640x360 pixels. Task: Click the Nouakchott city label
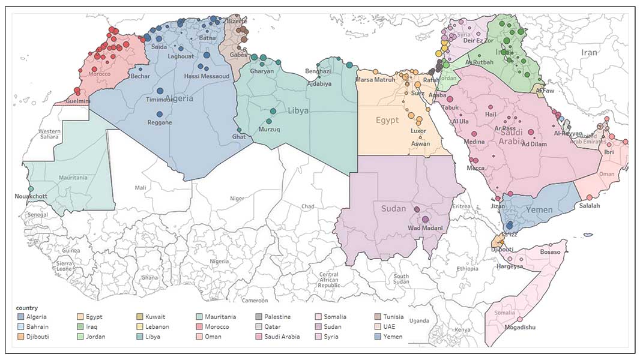pos(31,196)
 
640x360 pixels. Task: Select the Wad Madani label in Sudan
pos(425,228)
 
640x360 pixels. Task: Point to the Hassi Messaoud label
pos(207,76)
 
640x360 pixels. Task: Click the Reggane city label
pos(159,122)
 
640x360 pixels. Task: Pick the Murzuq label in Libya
pos(268,129)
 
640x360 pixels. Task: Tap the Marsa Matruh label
pos(375,79)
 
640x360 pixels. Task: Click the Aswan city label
pos(420,143)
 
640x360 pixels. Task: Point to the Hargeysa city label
pos(509,266)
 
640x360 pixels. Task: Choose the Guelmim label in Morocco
pos(75,101)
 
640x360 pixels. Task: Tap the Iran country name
pos(589,53)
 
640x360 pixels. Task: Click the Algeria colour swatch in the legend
pos(21,317)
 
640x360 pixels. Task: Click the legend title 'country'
pos(28,307)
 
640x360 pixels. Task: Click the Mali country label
pos(140,188)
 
